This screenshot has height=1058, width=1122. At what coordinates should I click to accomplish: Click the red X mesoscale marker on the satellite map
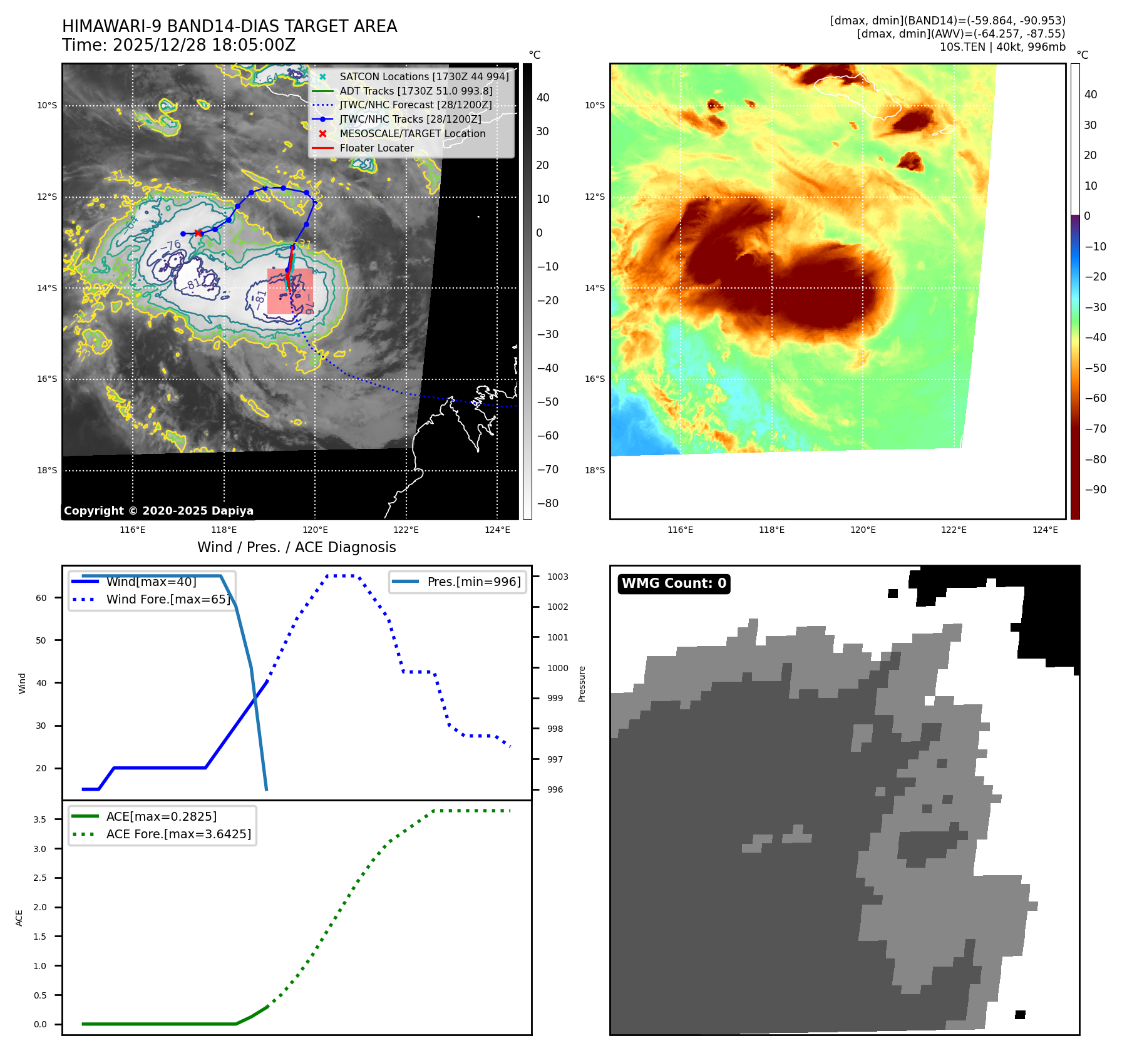tap(198, 233)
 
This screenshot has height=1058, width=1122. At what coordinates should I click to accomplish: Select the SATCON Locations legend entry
tap(423, 76)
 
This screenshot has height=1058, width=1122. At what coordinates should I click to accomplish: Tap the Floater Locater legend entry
tap(376, 148)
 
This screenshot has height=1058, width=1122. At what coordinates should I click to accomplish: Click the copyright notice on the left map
tap(158, 511)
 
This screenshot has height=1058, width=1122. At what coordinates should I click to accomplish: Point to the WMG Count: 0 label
tap(674, 583)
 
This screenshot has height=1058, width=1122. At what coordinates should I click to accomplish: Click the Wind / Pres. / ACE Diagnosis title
tap(296, 547)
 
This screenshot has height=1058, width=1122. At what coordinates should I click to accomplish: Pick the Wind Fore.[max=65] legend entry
tap(168, 599)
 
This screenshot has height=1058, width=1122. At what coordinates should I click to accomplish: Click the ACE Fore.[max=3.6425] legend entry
tap(178, 834)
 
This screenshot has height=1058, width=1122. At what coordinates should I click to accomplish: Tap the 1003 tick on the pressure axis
tap(557, 577)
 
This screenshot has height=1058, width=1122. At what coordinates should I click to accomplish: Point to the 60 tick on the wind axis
tap(41, 598)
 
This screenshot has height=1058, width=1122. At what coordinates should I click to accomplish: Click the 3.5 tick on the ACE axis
tap(40, 819)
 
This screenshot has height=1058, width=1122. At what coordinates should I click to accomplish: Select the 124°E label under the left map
tap(497, 530)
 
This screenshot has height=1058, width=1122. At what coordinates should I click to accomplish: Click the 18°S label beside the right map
tap(595, 470)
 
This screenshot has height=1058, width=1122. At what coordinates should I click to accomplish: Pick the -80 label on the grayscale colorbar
tap(547, 503)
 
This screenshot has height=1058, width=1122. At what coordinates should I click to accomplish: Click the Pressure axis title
tap(582, 684)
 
